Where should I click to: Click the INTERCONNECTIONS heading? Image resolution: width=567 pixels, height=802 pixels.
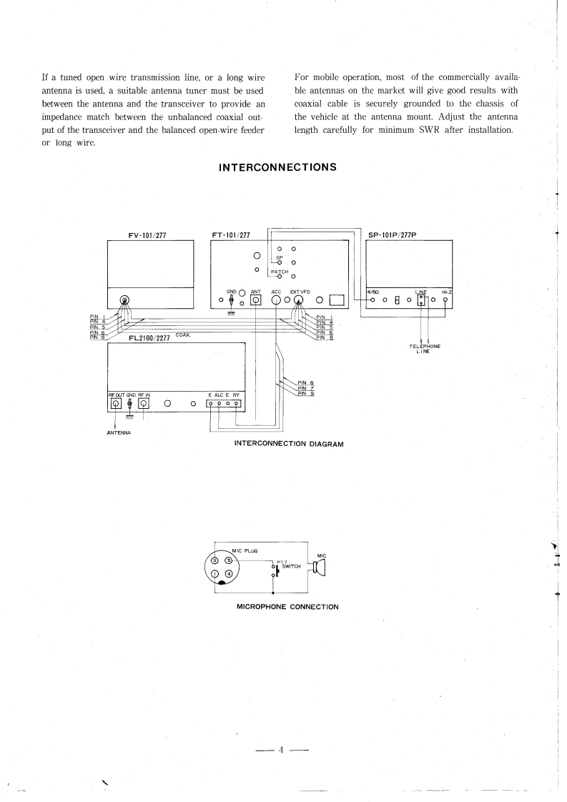tap(283, 168)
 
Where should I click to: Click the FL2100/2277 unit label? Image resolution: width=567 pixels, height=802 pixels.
tap(149, 338)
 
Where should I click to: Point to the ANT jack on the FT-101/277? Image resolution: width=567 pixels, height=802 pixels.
tap(255, 300)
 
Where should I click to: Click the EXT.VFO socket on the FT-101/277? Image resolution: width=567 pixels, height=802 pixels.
tap(298, 300)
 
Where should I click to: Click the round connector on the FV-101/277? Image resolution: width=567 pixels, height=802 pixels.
tap(125, 300)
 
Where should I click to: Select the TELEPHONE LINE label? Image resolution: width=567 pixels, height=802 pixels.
tap(425, 349)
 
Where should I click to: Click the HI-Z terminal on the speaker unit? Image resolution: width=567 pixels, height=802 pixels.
tap(445, 300)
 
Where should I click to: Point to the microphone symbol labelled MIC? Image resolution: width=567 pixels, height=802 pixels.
tap(318, 568)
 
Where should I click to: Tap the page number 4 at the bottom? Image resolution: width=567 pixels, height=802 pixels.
tap(282, 751)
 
